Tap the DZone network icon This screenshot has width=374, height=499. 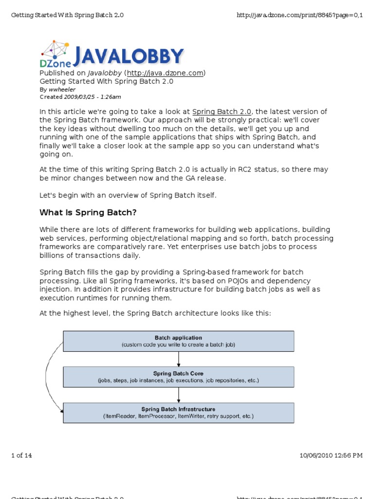pos(55,50)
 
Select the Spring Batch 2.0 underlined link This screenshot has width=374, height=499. pos(222,112)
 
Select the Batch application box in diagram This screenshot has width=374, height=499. pos(178,341)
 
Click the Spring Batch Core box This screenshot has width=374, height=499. pos(178,377)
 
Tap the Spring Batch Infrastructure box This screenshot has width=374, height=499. pos(178,413)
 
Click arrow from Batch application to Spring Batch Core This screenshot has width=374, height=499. pos(179,359)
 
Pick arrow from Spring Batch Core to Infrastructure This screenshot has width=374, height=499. pos(179,395)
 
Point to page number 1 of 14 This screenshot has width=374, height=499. pos(21,456)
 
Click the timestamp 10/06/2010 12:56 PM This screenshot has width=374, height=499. pos(331,456)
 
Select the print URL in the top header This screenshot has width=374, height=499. pos(299,15)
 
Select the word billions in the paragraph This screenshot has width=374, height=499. pos(53,256)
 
